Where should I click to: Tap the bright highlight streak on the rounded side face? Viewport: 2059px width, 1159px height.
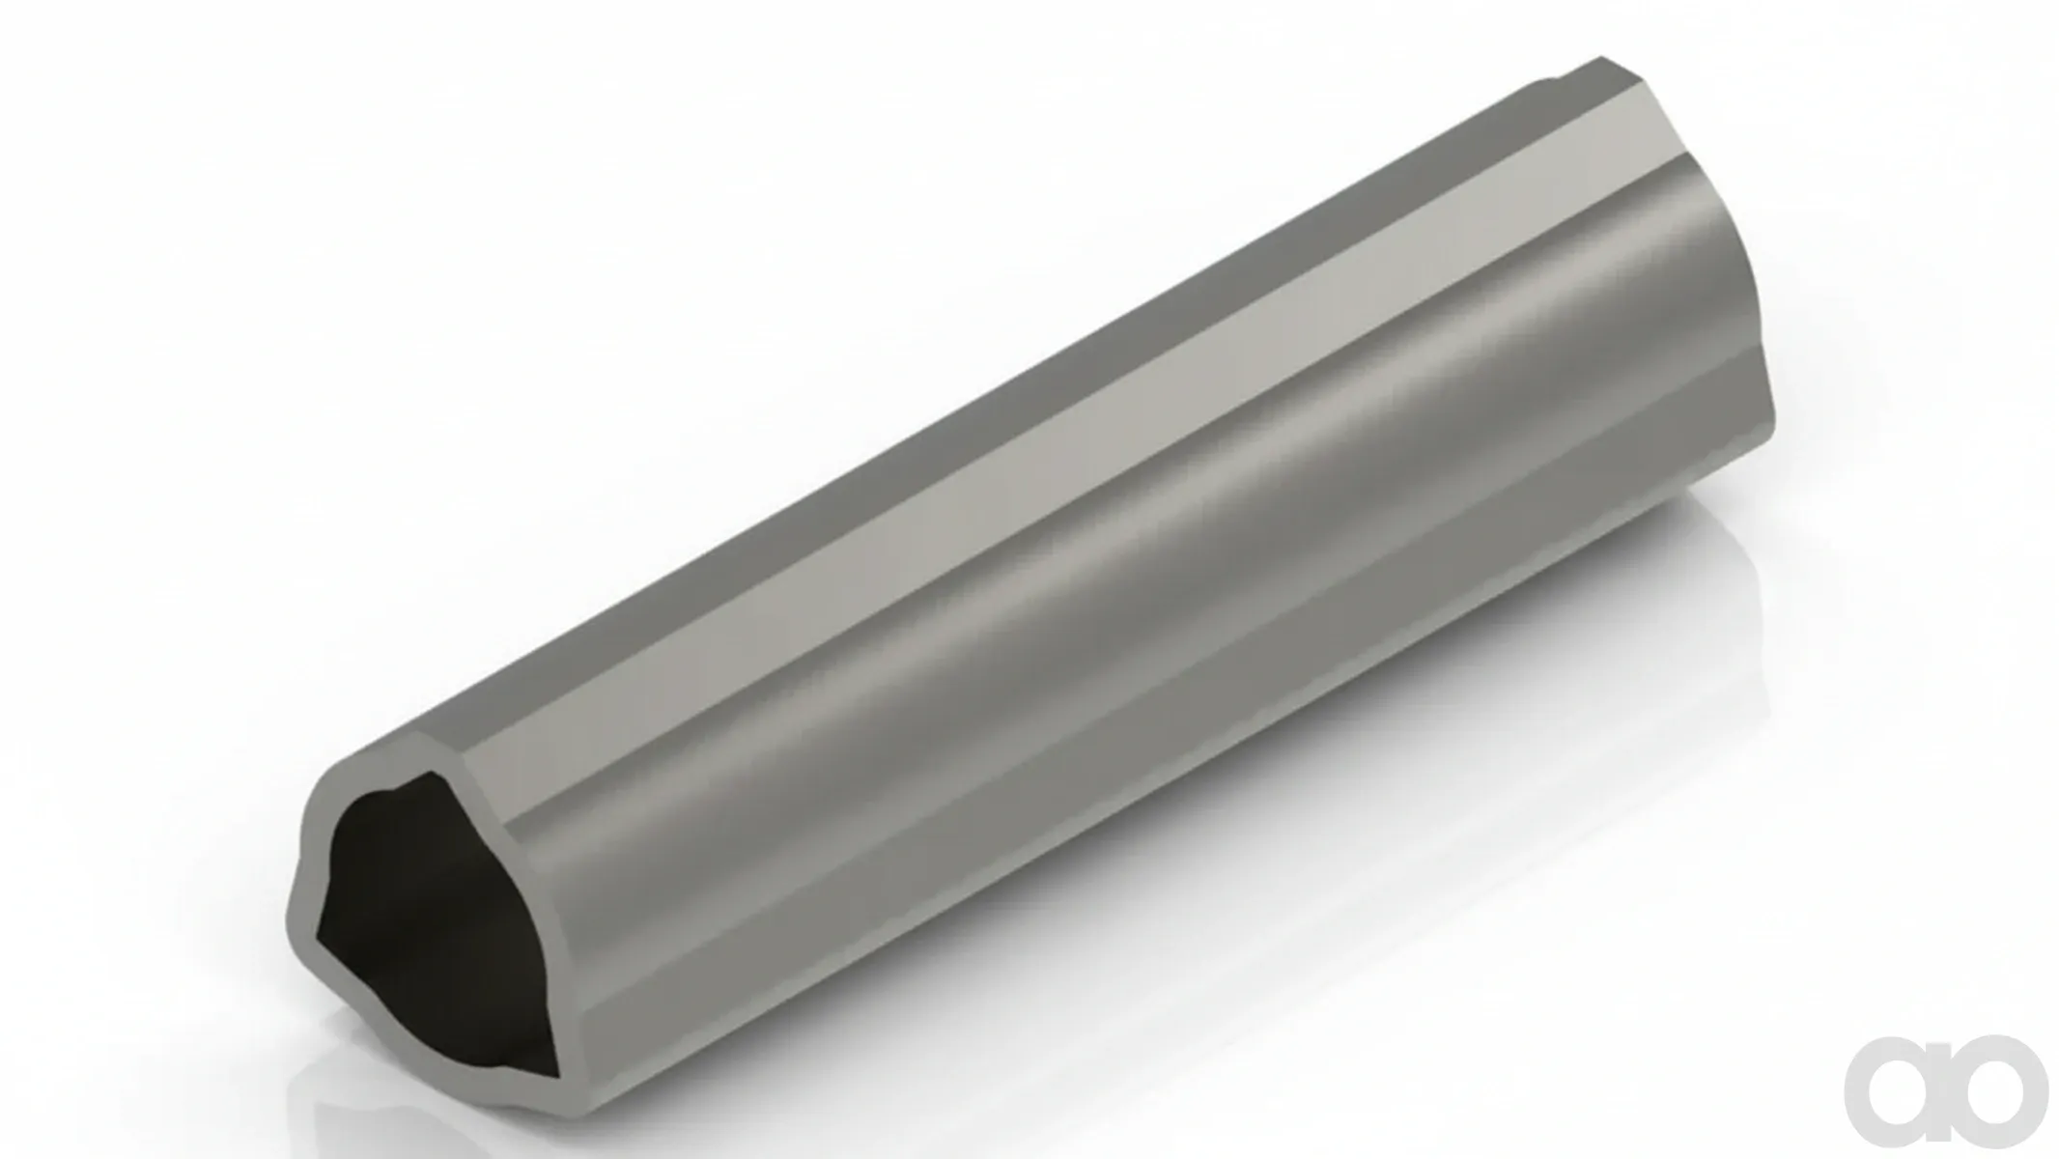click(1159, 541)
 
